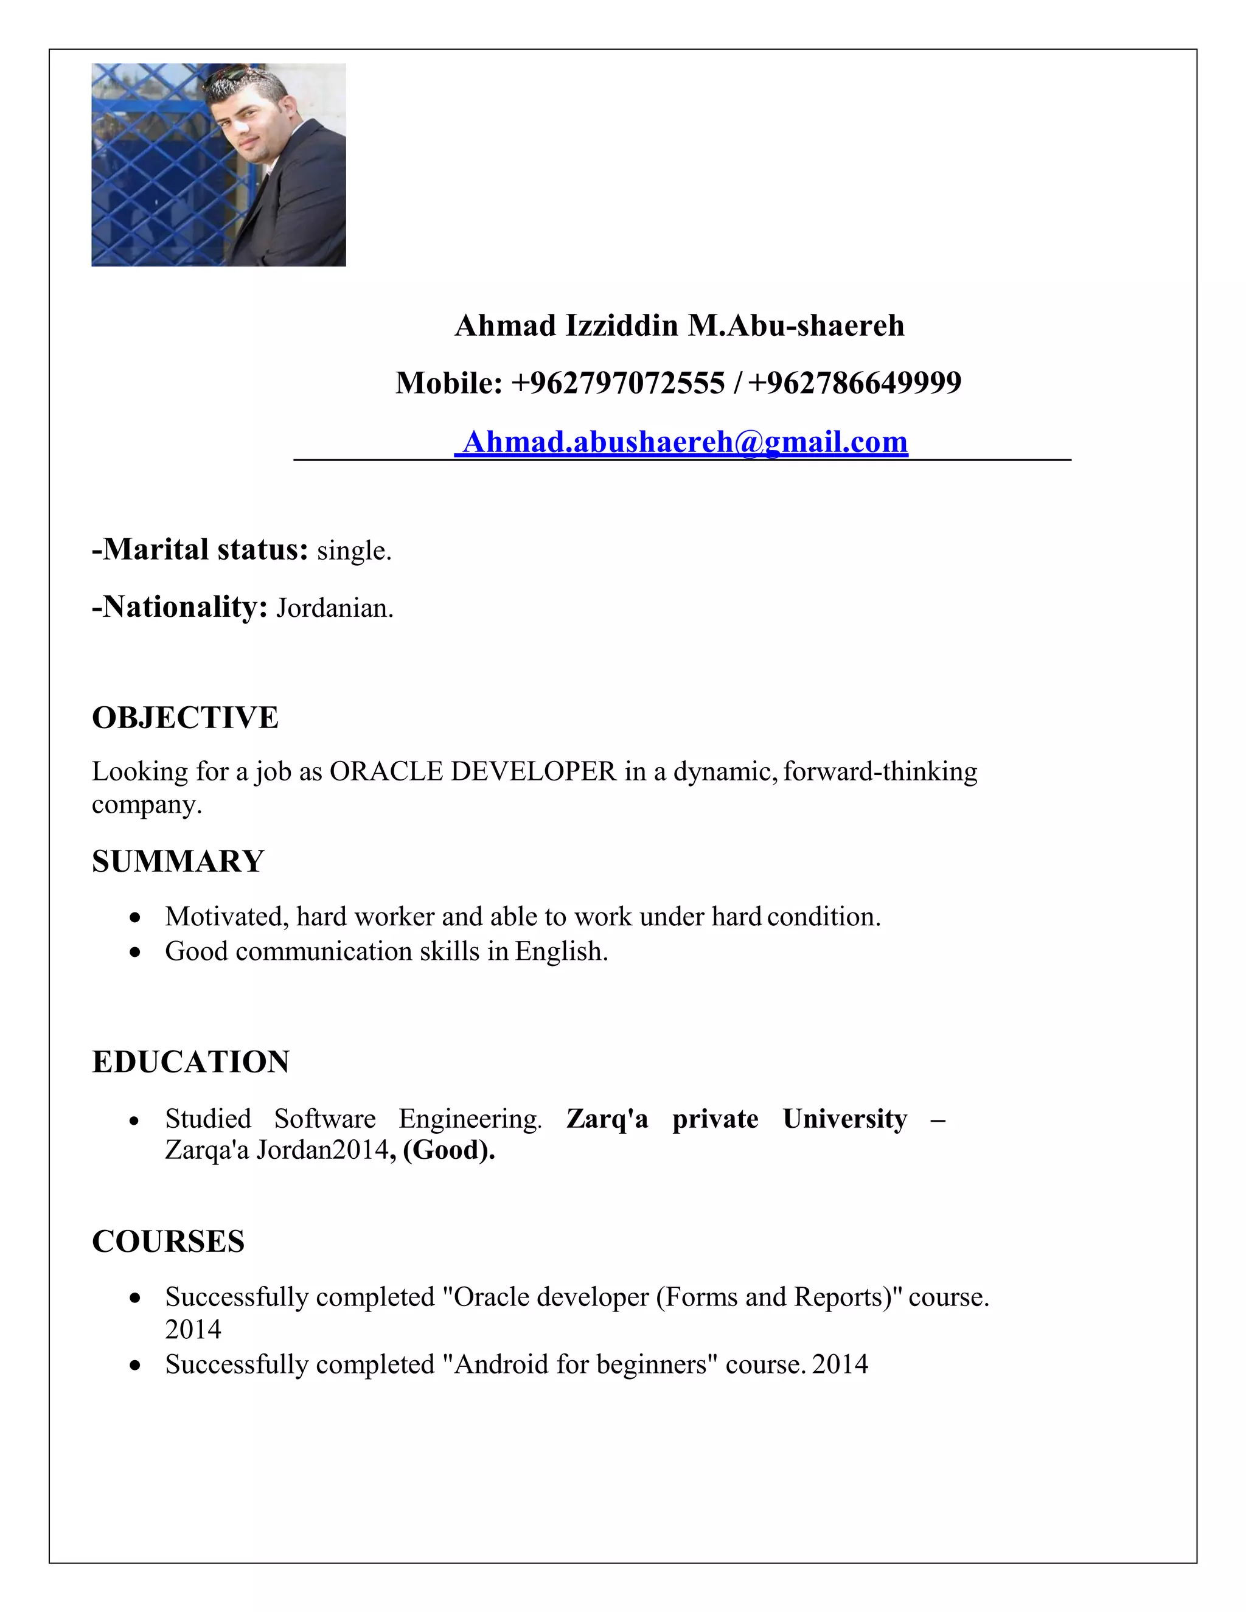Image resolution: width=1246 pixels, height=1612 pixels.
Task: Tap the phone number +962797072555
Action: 618,383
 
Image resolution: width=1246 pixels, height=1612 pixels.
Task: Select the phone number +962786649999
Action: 855,383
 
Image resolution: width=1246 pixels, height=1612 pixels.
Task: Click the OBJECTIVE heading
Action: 186,717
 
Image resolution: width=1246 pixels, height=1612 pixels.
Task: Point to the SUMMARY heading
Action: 178,861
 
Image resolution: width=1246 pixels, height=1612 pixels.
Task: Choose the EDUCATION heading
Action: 190,1062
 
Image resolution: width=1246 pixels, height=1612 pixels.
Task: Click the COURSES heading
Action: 169,1242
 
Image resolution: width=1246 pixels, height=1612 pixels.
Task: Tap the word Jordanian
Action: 333,608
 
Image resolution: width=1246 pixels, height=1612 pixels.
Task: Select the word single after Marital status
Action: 353,551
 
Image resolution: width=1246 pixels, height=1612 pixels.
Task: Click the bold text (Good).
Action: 449,1150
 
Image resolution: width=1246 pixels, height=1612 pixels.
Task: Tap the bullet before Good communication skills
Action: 134,952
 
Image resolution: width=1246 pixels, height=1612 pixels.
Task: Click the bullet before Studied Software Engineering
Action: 134,1120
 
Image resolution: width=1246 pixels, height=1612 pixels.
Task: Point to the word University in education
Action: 844,1119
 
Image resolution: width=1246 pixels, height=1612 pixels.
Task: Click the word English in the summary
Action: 560,951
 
